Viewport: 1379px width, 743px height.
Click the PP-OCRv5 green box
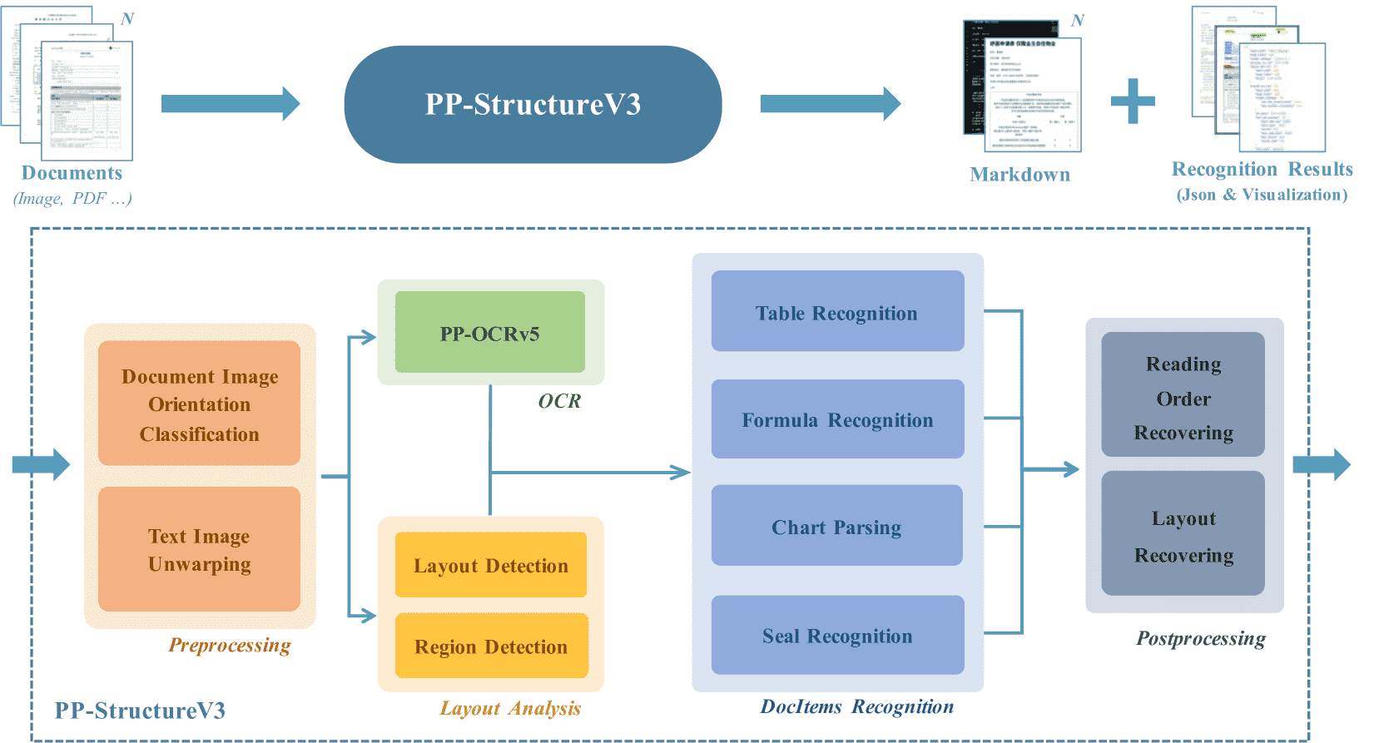coord(489,332)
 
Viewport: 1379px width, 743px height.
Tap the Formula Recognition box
coord(837,419)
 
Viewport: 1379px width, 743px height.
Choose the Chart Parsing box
coord(836,526)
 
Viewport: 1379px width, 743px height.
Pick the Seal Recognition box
coord(837,635)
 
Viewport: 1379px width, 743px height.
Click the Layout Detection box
coord(490,565)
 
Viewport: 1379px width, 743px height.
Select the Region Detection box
coord(491,646)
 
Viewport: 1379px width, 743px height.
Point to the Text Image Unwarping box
coord(199,549)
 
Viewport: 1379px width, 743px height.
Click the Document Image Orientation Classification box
coord(199,404)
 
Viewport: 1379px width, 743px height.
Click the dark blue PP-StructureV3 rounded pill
coord(533,105)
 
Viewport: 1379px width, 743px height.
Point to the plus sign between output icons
coord(1133,102)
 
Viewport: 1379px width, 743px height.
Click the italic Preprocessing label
coord(230,645)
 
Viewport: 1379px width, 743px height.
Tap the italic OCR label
coord(559,401)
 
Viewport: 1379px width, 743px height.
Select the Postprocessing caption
coord(1200,638)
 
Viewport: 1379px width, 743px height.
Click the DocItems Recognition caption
coord(856,706)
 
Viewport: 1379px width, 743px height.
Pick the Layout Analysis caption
coord(510,708)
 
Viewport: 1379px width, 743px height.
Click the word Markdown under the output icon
coord(1019,175)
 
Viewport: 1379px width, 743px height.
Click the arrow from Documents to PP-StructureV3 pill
coord(230,104)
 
